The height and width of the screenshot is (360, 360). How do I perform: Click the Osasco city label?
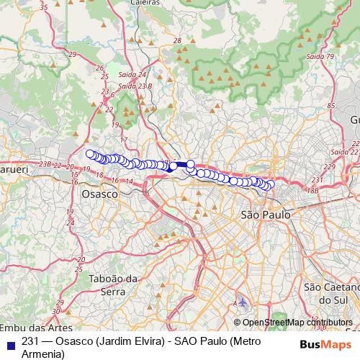pos(99,194)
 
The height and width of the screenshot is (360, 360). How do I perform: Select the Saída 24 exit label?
pos(131,74)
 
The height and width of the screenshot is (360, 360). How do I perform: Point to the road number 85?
pos(331,107)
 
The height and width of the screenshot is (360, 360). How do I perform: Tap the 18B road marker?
pos(312,191)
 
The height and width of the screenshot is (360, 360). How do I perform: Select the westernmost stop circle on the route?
pos(90,153)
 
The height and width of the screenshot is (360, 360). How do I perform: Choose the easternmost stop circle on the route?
pos(271,185)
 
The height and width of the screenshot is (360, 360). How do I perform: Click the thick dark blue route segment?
pos(181,165)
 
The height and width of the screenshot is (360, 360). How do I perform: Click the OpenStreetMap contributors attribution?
pos(297,323)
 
